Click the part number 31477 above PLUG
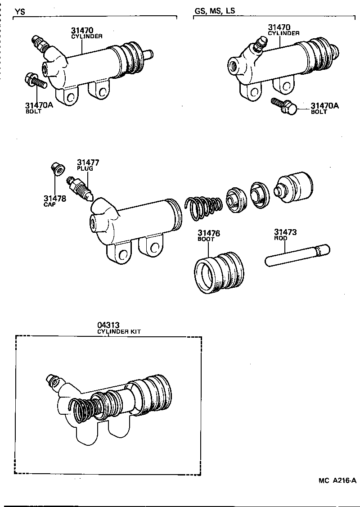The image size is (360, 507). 88,163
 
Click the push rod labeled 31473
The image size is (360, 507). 297,255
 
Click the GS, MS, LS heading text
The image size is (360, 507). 215,11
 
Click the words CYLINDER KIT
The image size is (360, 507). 119,331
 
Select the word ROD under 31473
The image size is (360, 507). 280,239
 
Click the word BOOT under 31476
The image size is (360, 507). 206,239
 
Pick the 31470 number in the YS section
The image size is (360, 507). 82,31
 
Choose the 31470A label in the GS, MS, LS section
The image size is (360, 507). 324,106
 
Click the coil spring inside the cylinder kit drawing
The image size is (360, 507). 82,410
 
